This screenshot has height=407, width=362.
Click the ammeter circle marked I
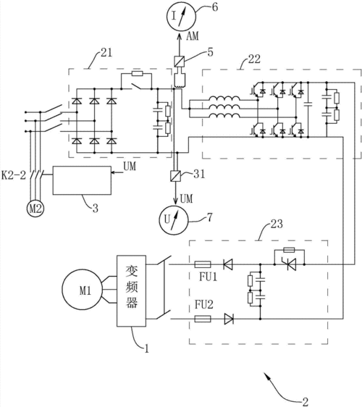tap(181, 17)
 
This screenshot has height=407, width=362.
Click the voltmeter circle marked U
tap(173, 219)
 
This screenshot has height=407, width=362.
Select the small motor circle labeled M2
tap(35, 209)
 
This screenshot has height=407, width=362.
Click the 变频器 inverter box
tap(131, 290)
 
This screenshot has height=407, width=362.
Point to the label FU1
tap(208, 277)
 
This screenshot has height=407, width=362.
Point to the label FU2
tap(204, 304)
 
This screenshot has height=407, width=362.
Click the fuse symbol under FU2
tap(203, 319)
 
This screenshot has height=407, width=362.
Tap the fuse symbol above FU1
tap(203, 264)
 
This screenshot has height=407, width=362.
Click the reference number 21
tap(106, 53)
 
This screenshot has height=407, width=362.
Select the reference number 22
tap(254, 59)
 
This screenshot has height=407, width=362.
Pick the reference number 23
tap(277, 224)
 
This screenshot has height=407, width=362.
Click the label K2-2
tap(14, 175)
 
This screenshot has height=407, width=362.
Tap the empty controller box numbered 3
tap(82, 180)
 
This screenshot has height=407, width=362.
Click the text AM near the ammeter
tap(193, 35)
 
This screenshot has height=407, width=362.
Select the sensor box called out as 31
tap(175, 176)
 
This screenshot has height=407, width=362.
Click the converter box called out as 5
tap(179, 61)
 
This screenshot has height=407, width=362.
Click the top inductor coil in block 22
tap(224, 98)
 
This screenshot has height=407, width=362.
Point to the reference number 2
tap(306, 402)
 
